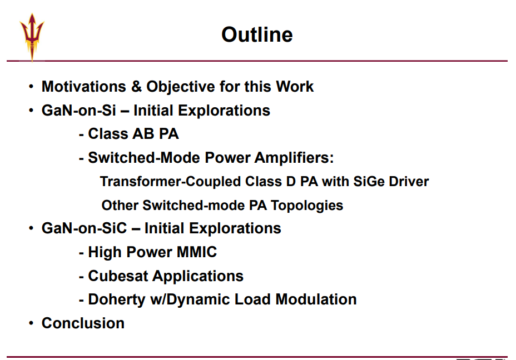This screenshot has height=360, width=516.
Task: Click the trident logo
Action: coord(32,37)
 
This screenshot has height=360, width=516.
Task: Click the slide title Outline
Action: coord(257,34)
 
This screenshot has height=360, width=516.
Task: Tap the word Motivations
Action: coord(83,87)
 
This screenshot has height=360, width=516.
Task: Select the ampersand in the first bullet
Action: coord(136,87)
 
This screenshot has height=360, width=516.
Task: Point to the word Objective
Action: coord(180,87)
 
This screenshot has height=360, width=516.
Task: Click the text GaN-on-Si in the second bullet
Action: coord(78,110)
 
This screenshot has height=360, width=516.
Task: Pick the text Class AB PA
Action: coord(133,134)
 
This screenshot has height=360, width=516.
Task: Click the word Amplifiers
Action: coord(294,158)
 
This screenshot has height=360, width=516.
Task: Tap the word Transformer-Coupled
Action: coord(170,182)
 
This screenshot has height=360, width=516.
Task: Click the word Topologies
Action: coord(307,206)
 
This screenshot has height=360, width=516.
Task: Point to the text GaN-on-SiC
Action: coord(84,228)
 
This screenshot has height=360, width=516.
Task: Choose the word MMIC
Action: coord(196,252)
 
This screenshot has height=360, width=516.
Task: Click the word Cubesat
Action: coord(118,276)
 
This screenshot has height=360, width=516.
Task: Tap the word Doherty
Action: coord(117,300)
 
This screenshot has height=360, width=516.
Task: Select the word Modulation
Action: coord(316,299)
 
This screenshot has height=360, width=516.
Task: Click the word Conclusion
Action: coord(83,323)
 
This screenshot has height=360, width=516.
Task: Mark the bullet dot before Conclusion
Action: coord(31,323)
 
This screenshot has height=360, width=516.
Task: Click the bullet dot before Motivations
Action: coord(31,87)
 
